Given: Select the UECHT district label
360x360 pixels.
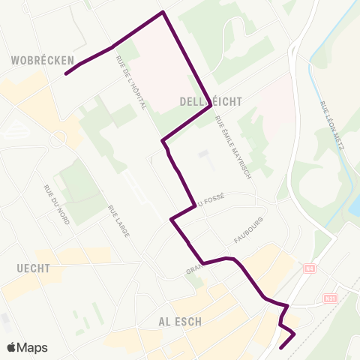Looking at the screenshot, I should click(x=32, y=268).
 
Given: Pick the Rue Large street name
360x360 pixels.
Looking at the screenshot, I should click(x=119, y=221).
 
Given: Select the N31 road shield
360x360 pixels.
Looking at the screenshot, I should click(x=331, y=298).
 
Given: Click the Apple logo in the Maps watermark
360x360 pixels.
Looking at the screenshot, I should click(x=13, y=347).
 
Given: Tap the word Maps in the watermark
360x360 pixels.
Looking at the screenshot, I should click(x=34, y=347).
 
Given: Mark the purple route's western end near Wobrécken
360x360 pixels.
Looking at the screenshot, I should click(x=66, y=74).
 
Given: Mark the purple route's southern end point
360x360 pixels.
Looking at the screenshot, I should click(x=280, y=348).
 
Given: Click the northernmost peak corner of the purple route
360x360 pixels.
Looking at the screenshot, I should click(x=163, y=12).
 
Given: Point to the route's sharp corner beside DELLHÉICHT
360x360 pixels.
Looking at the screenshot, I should click(x=210, y=107).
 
